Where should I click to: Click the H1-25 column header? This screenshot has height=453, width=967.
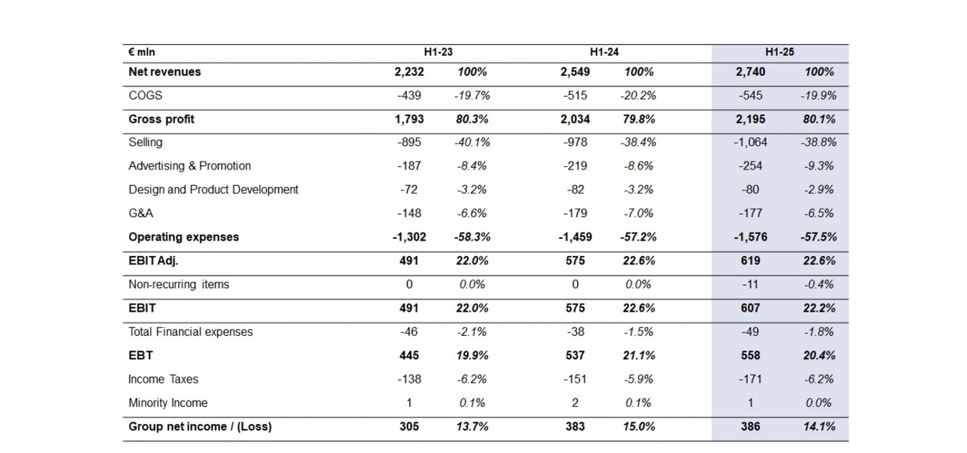pyautogui.click(x=779, y=52)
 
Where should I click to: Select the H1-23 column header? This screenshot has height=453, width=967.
pyautogui.click(x=438, y=52)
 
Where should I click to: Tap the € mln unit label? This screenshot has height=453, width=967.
pyautogui.click(x=142, y=52)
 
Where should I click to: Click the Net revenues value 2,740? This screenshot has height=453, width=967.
pyautogui.click(x=750, y=71)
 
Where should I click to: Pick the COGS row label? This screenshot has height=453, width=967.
pyautogui.click(x=145, y=95)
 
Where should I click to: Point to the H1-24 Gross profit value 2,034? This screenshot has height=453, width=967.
pyautogui.click(x=575, y=119)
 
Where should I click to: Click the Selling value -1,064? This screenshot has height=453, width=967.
pyautogui.click(x=750, y=142)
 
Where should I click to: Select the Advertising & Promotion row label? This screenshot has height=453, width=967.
pyautogui.click(x=189, y=166)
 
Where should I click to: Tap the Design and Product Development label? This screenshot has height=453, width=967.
pyautogui.click(x=213, y=189)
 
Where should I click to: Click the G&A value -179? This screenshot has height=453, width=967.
pyautogui.click(x=575, y=213)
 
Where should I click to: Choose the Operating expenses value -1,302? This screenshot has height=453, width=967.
pyautogui.click(x=409, y=237)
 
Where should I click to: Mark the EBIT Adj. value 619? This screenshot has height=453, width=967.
pyautogui.click(x=750, y=260)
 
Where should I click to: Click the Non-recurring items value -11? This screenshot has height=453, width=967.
pyautogui.click(x=750, y=284)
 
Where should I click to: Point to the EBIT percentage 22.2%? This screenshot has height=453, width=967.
pyautogui.click(x=819, y=308)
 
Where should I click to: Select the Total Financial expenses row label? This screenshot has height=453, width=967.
pyautogui.click(x=190, y=332)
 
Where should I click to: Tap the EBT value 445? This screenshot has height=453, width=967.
pyautogui.click(x=409, y=355)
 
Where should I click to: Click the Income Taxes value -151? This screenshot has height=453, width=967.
pyautogui.click(x=575, y=379)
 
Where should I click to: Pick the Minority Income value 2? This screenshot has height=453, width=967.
pyautogui.click(x=575, y=403)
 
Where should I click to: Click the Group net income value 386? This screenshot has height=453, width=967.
pyautogui.click(x=750, y=426)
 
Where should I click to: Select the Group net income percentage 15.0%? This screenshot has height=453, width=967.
pyautogui.click(x=639, y=426)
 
